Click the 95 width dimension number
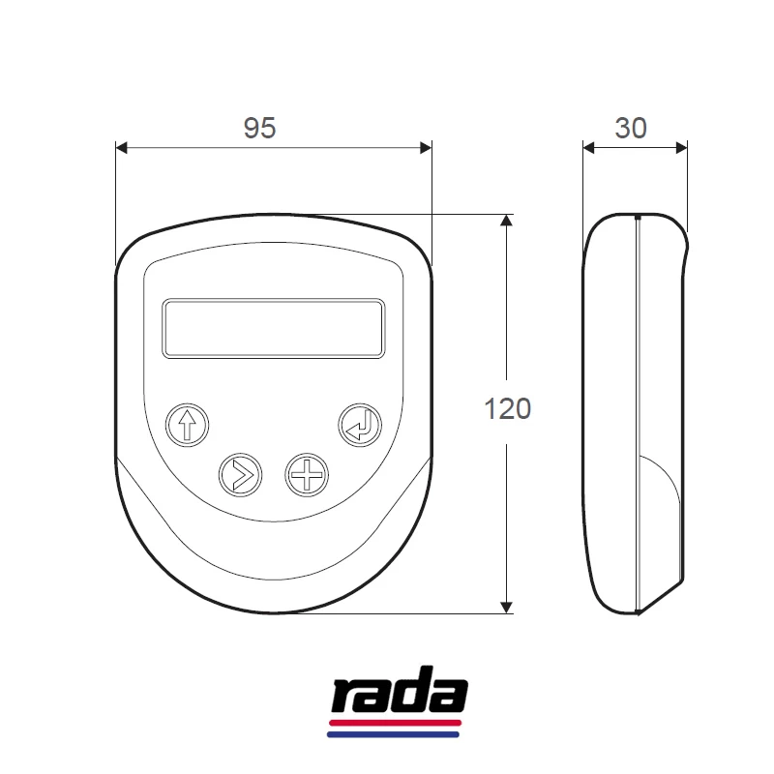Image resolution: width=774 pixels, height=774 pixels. pyautogui.click(x=259, y=128)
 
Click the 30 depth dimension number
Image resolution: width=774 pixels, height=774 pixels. pyautogui.click(x=631, y=128)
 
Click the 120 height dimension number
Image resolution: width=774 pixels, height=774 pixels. pyautogui.click(x=508, y=409)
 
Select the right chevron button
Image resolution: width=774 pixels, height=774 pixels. pyautogui.click(x=240, y=474)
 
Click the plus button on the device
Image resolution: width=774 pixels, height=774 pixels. pyautogui.click(x=307, y=474)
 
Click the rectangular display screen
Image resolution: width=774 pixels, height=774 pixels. pyautogui.click(x=274, y=328)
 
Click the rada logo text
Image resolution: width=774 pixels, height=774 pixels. pyautogui.click(x=400, y=696)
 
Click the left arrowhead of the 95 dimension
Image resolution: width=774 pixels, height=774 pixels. pyautogui.click(x=122, y=147)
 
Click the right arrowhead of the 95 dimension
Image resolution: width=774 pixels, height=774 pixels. pyautogui.click(x=426, y=147)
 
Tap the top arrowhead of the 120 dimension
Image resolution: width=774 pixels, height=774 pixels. pyautogui.click(x=505, y=221)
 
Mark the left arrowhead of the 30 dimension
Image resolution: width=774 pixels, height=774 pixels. pyautogui.click(x=588, y=147)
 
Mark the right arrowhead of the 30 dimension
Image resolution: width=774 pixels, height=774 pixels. pyautogui.click(x=681, y=147)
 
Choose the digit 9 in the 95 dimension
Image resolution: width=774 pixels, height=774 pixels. pyautogui.click(x=251, y=128)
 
